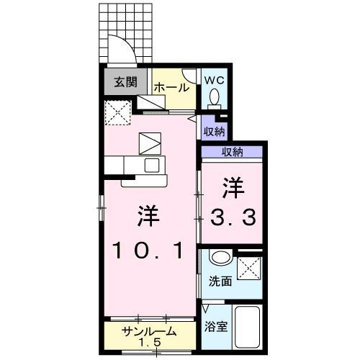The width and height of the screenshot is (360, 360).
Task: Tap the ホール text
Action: coord(172,87)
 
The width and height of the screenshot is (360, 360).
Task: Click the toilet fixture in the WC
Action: coord(215,97)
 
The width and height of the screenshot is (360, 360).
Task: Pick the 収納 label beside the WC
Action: coord(214,131)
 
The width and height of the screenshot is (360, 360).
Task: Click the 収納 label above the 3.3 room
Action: coord(232,151)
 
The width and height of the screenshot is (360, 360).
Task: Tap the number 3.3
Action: coord(232,217)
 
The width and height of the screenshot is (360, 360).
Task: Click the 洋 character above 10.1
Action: coord(150,215)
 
